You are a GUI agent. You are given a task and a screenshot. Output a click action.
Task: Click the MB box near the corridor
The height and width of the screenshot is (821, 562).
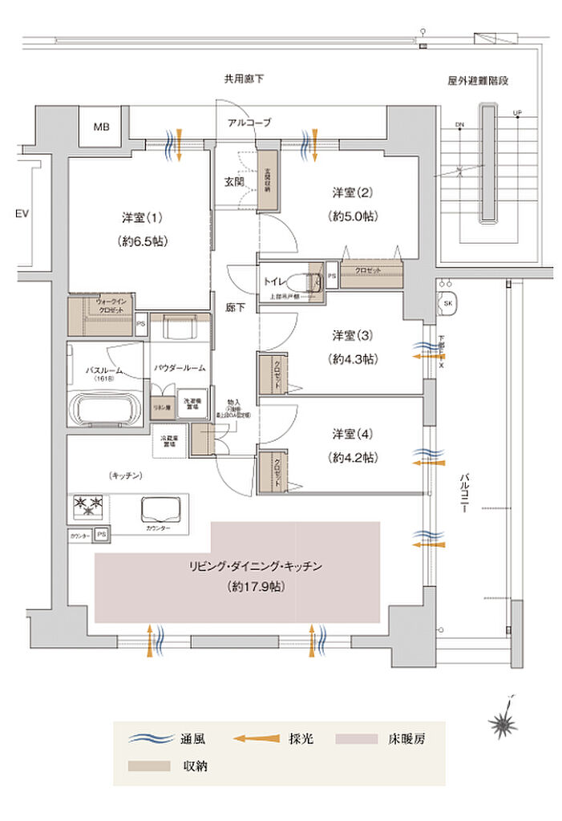tap(101, 127)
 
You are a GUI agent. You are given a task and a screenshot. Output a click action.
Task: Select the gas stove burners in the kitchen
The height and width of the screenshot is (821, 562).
tap(88, 504)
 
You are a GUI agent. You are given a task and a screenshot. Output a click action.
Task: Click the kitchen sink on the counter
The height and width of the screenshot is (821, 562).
tap(160, 509)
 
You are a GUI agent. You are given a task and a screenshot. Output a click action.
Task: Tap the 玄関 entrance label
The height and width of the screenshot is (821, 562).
tap(235, 180)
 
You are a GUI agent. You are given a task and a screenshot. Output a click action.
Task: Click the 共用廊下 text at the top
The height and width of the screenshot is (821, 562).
tap(244, 79)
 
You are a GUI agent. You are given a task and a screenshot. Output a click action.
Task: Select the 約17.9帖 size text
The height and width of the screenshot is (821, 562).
tap(255, 586)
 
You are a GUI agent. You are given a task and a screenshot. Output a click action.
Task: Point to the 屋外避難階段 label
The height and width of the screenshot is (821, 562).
tap(479, 80)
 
